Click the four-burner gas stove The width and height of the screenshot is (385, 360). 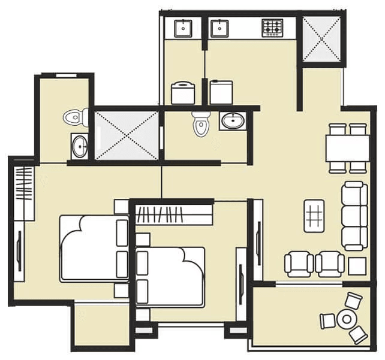click(272, 27)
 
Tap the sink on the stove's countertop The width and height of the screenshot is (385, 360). click(220, 27)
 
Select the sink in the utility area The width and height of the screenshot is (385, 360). click(182, 27)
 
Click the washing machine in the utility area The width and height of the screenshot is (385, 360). click(182, 93)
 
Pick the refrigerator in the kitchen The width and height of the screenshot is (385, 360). click(221, 92)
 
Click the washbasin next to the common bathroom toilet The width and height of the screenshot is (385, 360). click(231, 121)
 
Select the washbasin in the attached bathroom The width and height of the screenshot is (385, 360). click(79, 145)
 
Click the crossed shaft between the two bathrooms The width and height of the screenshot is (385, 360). click(127, 135)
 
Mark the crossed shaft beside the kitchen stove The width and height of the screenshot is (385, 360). click(321, 39)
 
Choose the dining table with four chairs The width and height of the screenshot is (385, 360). click(347, 147)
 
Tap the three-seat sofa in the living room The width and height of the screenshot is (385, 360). click(354, 216)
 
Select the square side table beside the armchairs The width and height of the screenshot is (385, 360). click(357, 266)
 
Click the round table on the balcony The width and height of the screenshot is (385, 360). click(346, 318)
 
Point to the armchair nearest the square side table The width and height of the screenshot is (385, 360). click(330, 264)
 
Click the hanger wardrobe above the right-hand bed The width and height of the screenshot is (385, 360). click(175, 213)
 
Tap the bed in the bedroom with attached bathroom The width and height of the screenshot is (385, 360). click(93, 247)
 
